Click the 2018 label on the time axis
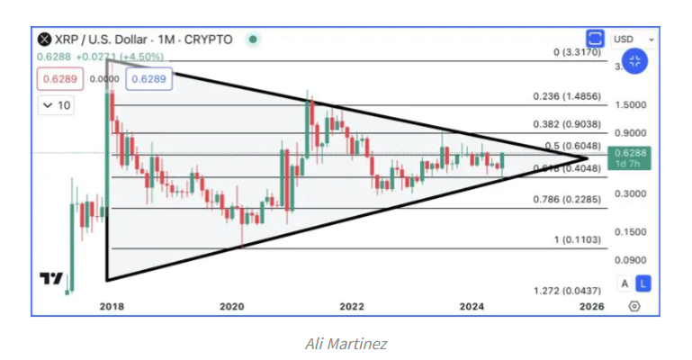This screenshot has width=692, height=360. pos(112,307)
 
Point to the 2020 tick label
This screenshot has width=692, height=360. pos(231,307)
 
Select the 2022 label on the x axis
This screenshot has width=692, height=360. pos(352,307)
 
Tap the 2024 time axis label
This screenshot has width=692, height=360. pos(472,307)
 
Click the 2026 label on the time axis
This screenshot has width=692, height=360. pos(591,307)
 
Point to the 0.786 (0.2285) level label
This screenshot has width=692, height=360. pos(566,201)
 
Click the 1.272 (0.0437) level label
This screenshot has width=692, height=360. pos(566,291)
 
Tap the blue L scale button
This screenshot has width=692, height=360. pos(644,283)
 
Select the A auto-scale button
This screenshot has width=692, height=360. pos(625,283)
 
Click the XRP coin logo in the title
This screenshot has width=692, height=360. pos(43,40)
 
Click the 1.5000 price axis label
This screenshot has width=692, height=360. pos(630,104)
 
